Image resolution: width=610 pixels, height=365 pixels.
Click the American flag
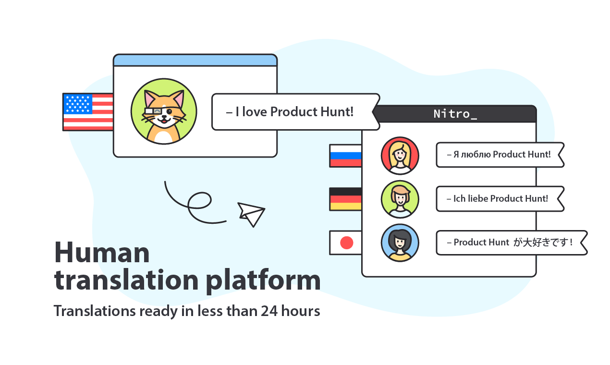[x=88, y=112]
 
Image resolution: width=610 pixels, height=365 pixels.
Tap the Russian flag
[x=345, y=156]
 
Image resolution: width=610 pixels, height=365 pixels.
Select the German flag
[x=345, y=199]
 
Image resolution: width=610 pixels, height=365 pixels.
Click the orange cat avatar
[x=164, y=111]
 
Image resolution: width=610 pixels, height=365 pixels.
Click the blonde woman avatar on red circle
[x=400, y=155]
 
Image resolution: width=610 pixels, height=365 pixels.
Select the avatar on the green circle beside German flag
[x=400, y=199]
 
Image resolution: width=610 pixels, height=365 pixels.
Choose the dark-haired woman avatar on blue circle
[x=400, y=243]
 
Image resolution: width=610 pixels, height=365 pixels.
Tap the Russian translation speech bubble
[x=499, y=155]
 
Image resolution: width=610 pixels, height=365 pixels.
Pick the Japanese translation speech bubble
[x=511, y=243]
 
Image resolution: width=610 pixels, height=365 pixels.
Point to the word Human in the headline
[x=102, y=252]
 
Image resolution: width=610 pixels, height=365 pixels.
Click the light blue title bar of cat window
[x=195, y=61]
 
